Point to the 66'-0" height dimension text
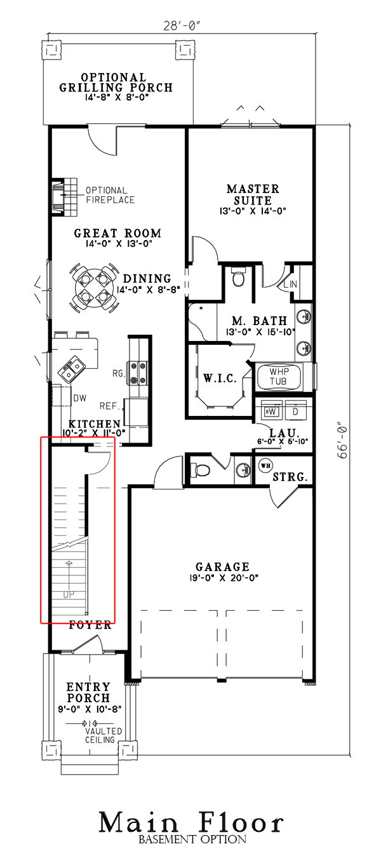click(x=344, y=445)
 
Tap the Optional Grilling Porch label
click(x=116, y=83)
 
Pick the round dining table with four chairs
click(x=93, y=286)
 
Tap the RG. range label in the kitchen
click(x=117, y=373)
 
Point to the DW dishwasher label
click(x=80, y=398)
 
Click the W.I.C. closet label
click(x=220, y=378)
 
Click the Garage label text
click(x=222, y=567)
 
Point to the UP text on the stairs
click(x=69, y=595)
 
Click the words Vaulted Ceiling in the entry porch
click(x=100, y=735)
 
